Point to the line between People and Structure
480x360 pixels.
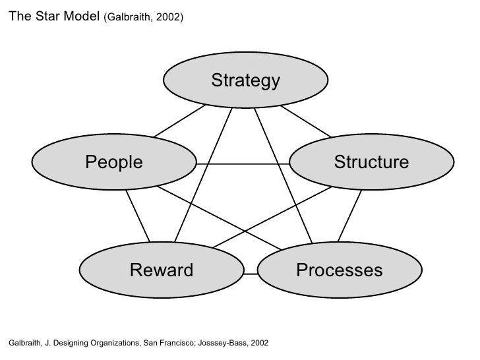(243, 163)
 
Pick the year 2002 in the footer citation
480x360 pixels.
(259, 344)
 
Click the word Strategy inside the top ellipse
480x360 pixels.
(245, 80)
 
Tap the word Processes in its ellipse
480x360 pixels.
(339, 270)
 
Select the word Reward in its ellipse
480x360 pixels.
(162, 270)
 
